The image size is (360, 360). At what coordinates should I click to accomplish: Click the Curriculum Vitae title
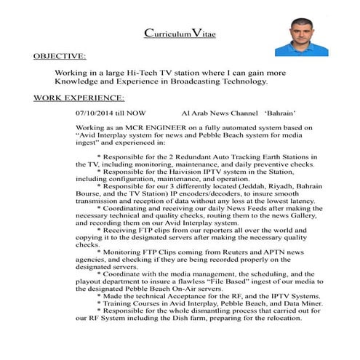(x=179, y=33)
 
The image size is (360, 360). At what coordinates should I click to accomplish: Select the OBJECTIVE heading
(x=60, y=55)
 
